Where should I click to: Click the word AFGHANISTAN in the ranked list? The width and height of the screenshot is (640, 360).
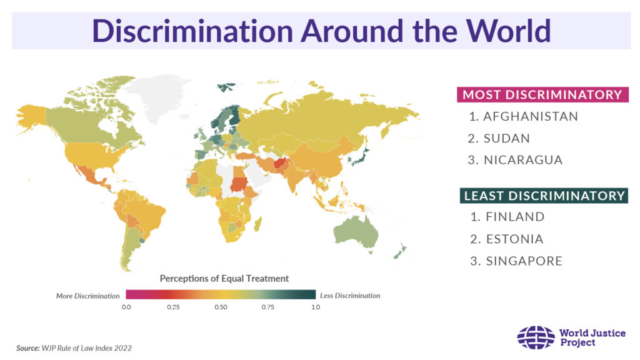531,116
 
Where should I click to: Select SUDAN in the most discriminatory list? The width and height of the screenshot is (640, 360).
507,138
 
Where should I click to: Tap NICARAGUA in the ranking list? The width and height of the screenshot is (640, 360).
523,160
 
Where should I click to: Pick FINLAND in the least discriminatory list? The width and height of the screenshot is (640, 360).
515,217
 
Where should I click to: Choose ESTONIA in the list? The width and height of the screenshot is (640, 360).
514,239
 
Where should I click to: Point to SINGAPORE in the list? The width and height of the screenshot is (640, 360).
524,261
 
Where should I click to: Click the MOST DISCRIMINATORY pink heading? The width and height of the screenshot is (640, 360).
542,95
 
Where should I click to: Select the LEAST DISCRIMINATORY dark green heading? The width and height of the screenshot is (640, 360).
544,196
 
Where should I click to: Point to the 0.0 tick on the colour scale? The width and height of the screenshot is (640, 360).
126,307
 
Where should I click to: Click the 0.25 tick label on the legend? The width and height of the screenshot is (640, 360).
173,307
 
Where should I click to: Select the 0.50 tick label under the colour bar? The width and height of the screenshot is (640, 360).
221,307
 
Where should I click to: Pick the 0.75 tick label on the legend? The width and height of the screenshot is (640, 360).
268,307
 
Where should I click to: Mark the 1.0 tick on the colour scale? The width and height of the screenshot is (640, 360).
316,307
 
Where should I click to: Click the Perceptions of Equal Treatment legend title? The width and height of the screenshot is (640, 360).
224,278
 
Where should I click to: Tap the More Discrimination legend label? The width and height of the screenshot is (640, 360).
87,296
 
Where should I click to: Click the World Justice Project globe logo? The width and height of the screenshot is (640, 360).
536,337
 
